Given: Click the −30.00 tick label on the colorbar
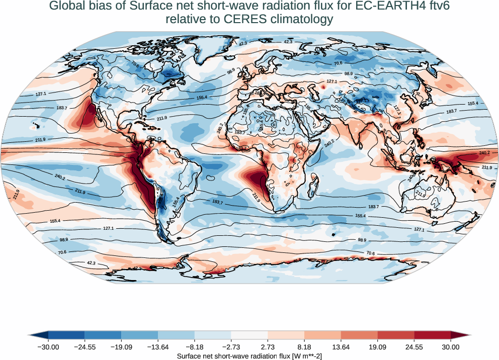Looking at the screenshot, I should pyautogui.click(x=48, y=346).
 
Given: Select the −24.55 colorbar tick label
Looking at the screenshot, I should pyautogui.click(x=85, y=346).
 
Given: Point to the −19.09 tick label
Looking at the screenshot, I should pyautogui.click(x=121, y=346).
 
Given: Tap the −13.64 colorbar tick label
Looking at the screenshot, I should pyautogui.click(x=158, y=346).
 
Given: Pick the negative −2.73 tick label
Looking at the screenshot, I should pyautogui.click(x=231, y=346).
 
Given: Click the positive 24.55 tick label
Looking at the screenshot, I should pyautogui.click(x=414, y=346).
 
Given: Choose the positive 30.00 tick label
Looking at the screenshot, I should pyautogui.click(x=451, y=346).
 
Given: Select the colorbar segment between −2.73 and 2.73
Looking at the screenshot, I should pyautogui.click(x=249, y=335).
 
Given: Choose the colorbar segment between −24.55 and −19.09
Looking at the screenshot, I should pyautogui.click(x=103, y=335).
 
